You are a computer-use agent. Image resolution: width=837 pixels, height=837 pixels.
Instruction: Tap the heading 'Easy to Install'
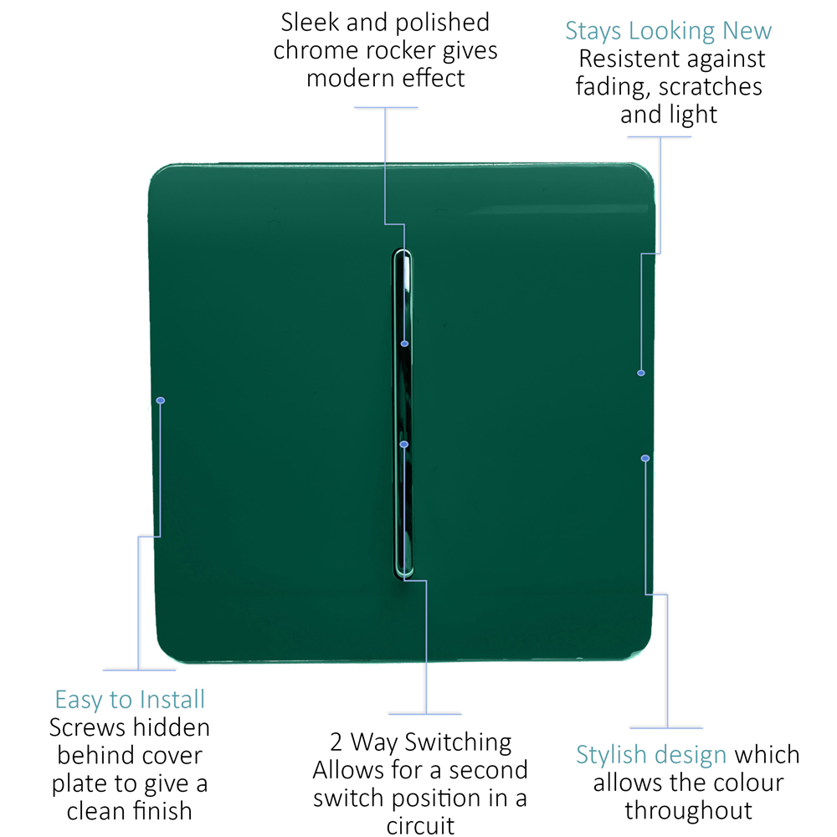[130, 700]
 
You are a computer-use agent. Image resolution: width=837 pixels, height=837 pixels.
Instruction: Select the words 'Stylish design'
[651, 755]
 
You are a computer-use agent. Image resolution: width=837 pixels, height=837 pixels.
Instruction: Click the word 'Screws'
[88, 727]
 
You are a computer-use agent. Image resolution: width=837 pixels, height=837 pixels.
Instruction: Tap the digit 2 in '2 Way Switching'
[336, 742]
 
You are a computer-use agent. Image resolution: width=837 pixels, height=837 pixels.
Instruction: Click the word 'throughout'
[689, 811]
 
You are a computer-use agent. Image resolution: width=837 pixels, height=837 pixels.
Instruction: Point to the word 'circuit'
[421, 826]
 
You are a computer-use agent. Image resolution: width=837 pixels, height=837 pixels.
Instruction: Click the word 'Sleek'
[311, 23]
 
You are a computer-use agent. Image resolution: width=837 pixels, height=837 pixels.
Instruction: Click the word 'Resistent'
[629, 59]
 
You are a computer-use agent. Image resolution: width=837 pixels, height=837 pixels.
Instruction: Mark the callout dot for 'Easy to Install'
[161, 400]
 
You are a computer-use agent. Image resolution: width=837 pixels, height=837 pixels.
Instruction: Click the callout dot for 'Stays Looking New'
[641, 373]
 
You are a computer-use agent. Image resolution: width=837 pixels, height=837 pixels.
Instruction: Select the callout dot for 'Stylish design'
[645, 459]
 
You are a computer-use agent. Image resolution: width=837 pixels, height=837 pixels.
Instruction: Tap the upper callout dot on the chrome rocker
[404, 344]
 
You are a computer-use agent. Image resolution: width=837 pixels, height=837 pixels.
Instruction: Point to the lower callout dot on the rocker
[404, 444]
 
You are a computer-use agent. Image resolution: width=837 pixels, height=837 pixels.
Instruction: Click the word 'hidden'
[171, 727]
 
